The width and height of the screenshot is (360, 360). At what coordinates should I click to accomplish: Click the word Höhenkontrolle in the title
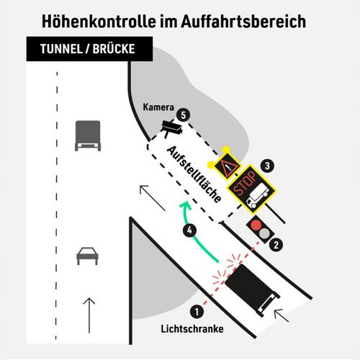tap(99, 22)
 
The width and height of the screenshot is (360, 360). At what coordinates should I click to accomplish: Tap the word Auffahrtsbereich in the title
tap(243, 22)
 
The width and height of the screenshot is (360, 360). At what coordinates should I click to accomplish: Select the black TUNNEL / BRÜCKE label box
tap(89, 49)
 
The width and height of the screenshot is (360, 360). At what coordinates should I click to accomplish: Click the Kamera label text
tap(158, 107)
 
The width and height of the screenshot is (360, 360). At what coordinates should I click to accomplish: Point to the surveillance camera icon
tap(172, 128)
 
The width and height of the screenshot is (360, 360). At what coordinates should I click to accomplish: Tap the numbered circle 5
tap(184, 115)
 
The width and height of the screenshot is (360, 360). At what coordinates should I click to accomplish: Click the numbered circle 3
tap(267, 166)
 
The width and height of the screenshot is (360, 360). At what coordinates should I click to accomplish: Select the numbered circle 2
tap(276, 245)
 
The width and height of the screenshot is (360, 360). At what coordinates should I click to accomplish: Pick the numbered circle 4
tap(189, 230)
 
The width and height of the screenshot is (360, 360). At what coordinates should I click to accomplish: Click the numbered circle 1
tap(197, 312)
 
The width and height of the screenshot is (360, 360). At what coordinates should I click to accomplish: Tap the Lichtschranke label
tap(192, 329)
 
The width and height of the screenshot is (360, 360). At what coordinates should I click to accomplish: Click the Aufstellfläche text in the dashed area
tap(194, 174)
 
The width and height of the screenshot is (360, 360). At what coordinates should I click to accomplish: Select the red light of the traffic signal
tap(256, 225)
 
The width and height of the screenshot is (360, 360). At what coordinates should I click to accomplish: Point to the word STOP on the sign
tap(244, 183)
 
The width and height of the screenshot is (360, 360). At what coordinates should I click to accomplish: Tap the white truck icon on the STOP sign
tap(257, 196)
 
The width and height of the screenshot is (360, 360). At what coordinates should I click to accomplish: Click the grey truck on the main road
tap(88, 135)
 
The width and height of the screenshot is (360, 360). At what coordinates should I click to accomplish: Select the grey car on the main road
tap(87, 256)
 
